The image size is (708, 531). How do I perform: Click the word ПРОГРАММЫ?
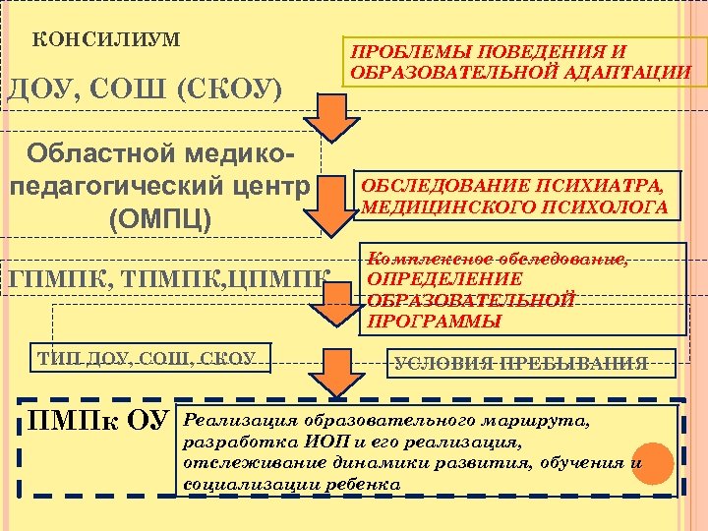(x=434, y=321)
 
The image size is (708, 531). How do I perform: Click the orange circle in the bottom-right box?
(x=652, y=464)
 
